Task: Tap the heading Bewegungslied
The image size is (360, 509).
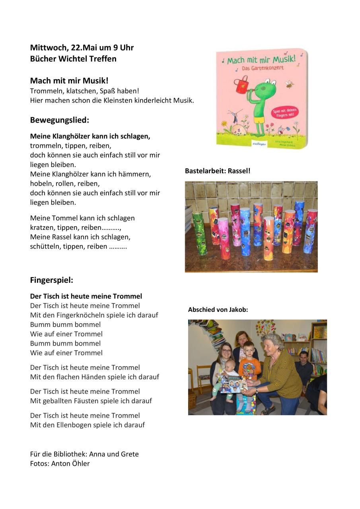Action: (60, 120)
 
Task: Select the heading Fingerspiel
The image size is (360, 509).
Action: (52, 280)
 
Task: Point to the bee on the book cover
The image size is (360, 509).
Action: (289, 84)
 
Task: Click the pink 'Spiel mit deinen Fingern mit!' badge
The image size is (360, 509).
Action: (285, 113)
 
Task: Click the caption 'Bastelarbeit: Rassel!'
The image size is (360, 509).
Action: (218, 171)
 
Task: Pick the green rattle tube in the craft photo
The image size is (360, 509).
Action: (199, 233)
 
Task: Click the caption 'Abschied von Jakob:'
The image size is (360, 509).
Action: (218, 309)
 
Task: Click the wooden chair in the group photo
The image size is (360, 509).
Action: (204, 378)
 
